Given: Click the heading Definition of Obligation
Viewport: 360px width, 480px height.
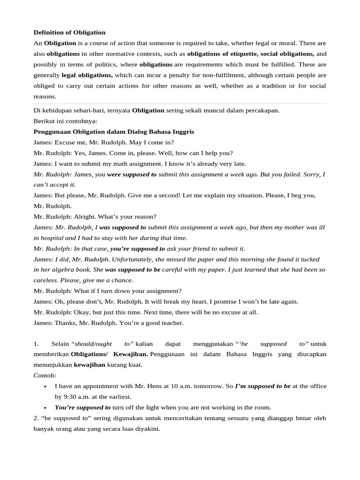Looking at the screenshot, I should (x=69, y=32).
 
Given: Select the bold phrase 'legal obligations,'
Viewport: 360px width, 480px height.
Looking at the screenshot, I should (x=87, y=75).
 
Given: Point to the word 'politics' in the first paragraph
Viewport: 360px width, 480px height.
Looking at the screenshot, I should (x=121, y=64).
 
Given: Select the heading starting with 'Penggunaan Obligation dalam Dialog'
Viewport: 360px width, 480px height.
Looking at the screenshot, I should (x=114, y=132).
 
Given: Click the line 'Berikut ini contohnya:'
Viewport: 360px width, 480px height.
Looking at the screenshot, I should (x=65, y=121).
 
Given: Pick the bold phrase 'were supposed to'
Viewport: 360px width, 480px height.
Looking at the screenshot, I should (x=132, y=174).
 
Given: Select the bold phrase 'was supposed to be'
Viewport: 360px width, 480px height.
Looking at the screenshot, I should (x=133, y=270).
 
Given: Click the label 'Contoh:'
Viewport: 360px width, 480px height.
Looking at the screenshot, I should (x=45, y=375).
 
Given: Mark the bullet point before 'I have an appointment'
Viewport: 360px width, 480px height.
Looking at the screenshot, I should (x=45, y=386).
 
